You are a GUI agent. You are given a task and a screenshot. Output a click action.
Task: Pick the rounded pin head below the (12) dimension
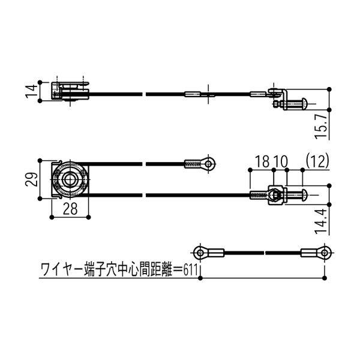pos(305,194)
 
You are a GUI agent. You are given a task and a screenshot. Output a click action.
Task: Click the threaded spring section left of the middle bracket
pos(257,194)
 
